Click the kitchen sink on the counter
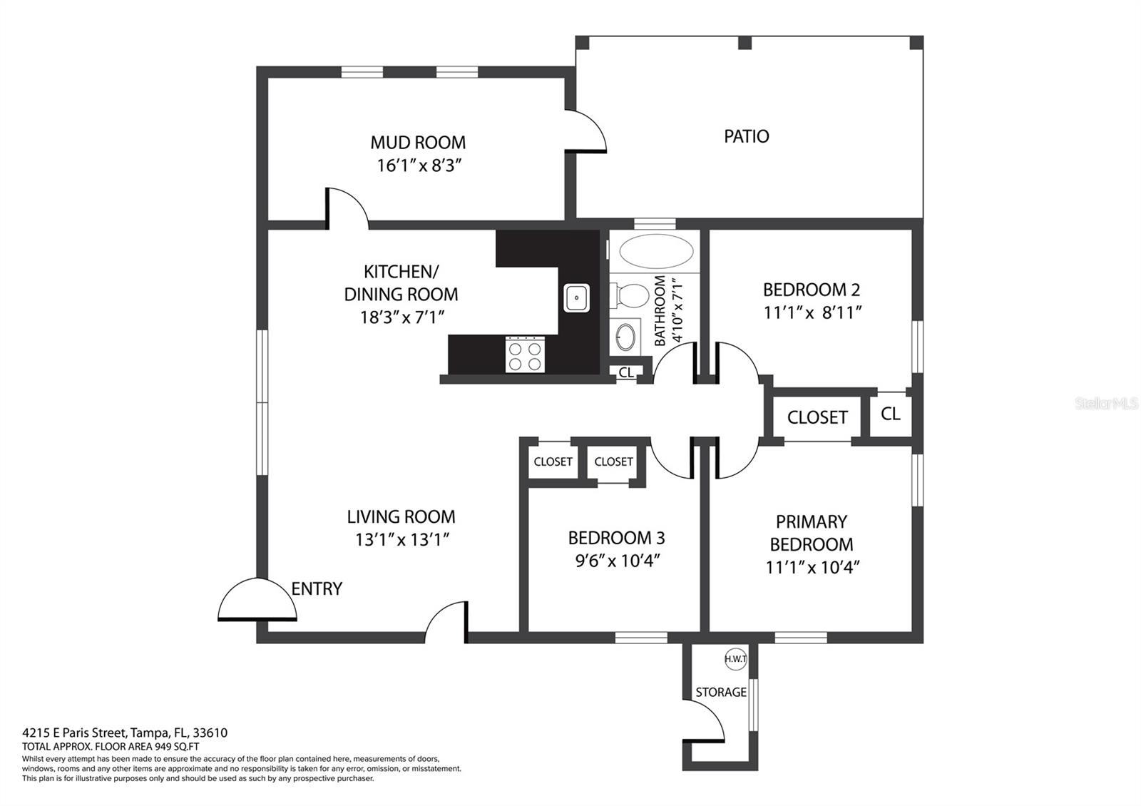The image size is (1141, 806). [x=577, y=298]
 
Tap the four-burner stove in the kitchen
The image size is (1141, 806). [x=525, y=354]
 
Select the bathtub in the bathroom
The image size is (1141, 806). [x=656, y=251]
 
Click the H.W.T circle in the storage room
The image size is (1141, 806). [x=735, y=659]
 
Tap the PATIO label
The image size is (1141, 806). [x=746, y=136]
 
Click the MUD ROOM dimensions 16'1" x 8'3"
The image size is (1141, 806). [x=419, y=165]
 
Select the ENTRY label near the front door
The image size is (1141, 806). [x=317, y=588]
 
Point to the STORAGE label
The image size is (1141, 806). [x=721, y=692]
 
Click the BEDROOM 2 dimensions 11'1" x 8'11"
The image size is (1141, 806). [x=812, y=312]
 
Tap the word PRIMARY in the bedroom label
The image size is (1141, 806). [x=812, y=521]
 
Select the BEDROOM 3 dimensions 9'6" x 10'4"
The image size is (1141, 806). [x=618, y=561]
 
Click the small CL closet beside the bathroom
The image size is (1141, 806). [x=626, y=372]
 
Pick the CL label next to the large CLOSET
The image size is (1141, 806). [x=891, y=414]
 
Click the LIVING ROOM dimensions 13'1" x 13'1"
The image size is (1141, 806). [x=402, y=539]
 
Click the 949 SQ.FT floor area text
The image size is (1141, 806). [x=173, y=747]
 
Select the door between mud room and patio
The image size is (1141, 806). [x=585, y=131]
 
